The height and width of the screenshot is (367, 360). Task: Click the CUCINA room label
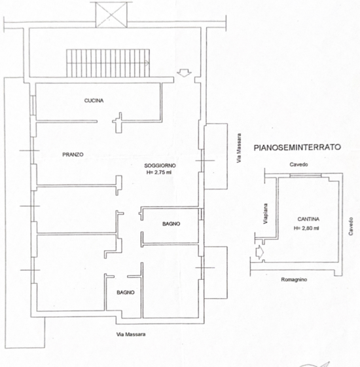[94, 101]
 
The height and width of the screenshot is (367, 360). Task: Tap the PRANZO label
[73, 155]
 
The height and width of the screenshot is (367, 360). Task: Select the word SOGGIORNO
[160, 166]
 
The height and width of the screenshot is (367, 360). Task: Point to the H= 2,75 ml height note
[158, 172]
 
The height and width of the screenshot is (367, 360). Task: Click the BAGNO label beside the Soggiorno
[171, 224]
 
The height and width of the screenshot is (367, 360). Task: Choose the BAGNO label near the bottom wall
[126, 292]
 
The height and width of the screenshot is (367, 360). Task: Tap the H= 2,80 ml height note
[306, 228]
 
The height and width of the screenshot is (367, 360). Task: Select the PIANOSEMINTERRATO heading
[297, 147]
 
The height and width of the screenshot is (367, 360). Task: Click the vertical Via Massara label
[239, 148]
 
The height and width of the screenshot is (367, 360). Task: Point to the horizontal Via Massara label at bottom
[131, 334]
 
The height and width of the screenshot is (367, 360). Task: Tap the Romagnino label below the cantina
[294, 279]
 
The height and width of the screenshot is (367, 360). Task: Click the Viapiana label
[265, 214]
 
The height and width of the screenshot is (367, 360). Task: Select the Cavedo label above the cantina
[298, 164]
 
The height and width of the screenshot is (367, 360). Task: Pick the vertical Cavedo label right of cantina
[351, 226]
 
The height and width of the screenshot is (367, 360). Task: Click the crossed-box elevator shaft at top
[111, 14]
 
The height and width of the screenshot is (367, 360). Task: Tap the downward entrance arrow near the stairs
[184, 73]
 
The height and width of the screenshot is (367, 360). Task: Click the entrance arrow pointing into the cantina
[260, 252]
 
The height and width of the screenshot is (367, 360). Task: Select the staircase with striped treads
[108, 63]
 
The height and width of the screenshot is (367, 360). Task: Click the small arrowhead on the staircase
[147, 63]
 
